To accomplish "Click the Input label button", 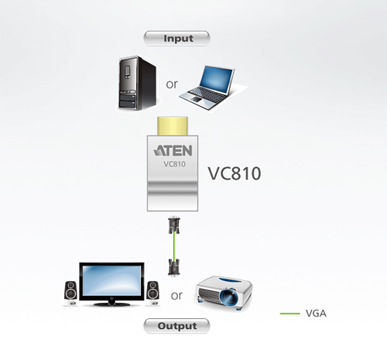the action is coord(176,39).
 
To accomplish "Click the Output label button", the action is coord(176,326).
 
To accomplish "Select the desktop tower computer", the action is coord(138,83).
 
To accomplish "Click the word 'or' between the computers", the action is coord(172,84).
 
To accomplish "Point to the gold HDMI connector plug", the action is coord(173,126).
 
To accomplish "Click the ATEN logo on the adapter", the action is coord(173,151).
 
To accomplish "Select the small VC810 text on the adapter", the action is coord(174,164).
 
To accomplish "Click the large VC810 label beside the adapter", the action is coord(235,173).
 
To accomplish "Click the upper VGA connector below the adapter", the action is coord(174,225).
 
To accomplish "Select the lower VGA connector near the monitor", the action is coord(174,268).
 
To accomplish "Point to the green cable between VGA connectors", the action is coord(174,246).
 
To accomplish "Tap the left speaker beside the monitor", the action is coord(70,293).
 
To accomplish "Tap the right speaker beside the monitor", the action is coord(153,293).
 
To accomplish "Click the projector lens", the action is coord(229,297).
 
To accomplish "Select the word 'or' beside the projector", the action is coord(176,296).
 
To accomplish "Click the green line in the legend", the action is coord(290,314).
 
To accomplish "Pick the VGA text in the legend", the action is coord(316,314).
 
